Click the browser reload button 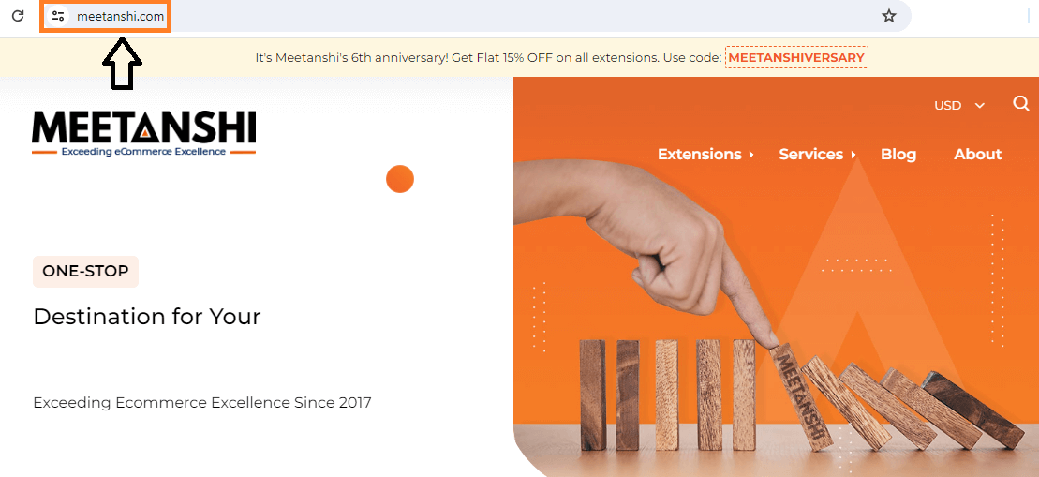pos(18,16)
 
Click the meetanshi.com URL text pos(120,17)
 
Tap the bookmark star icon pos(888,16)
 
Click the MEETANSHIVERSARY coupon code pos(795,58)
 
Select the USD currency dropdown pos(958,105)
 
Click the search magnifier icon pos(1021,103)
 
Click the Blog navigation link pos(898,155)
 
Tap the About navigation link pos(977,155)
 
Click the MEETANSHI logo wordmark pos(143,127)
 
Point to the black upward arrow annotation pos(122,64)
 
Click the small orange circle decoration pos(400,179)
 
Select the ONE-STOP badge pos(85,272)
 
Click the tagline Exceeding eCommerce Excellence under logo pos(143,152)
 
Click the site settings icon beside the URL pos(58,17)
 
